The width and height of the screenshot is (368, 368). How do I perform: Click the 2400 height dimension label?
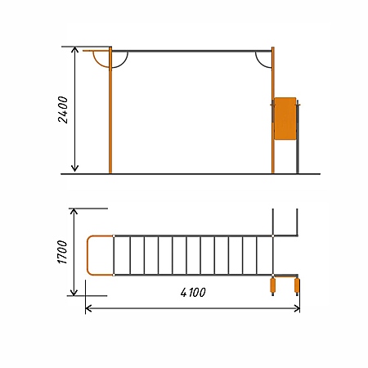pyautogui.click(x=63, y=110)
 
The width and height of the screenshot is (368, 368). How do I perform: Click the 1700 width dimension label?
pyautogui.click(x=62, y=252)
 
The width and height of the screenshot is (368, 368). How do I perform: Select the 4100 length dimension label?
pyautogui.click(x=193, y=293)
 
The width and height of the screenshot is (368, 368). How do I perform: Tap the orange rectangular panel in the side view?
pyautogui.click(x=285, y=119)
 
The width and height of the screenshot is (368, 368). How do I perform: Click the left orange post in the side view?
pyautogui.click(x=110, y=110)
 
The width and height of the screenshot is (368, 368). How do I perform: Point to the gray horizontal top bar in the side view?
pyautogui.click(x=191, y=51)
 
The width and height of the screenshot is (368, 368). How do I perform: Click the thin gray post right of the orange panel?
pyautogui.click(x=298, y=137)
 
